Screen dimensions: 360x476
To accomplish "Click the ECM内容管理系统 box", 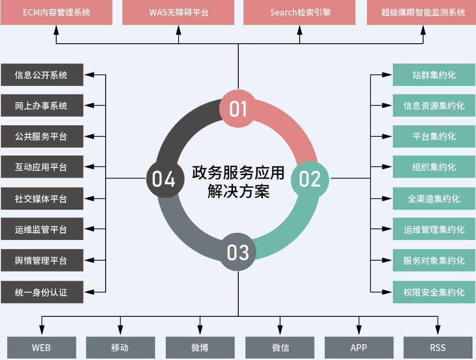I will pyautogui.click(x=57, y=12).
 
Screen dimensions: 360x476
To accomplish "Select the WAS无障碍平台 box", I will pyautogui.click(x=179, y=12).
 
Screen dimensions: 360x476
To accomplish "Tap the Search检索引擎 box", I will pyautogui.click(x=300, y=12).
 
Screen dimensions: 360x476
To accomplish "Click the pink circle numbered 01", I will pyautogui.click(x=238, y=108).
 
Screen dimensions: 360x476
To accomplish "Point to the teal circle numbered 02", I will pyautogui.click(x=310, y=179).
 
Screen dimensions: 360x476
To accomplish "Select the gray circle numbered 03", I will pyautogui.click(x=238, y=252).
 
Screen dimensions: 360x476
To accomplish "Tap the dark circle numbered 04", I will pyautogui.click(x=164, y=179).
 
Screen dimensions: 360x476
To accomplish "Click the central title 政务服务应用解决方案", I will pyautogui.click(x=238, y=182).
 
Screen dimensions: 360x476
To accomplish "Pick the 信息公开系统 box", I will pyautogui.click(x=42, y=75).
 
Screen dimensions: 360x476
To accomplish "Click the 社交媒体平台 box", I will pyautogui.click(x=42, y=199).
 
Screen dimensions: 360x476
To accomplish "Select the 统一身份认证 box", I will pyautogui.click(x=42, y=292).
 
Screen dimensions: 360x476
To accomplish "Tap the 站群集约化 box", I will pyautogui.click(x=434, y=75).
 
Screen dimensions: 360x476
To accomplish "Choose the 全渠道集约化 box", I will pyautogui.click(x=434, y=199).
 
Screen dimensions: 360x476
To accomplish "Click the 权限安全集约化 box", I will pyautogui.click(x=434, y=292).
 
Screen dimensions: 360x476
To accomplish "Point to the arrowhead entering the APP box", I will pyautogui.click(x=359, y=330).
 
